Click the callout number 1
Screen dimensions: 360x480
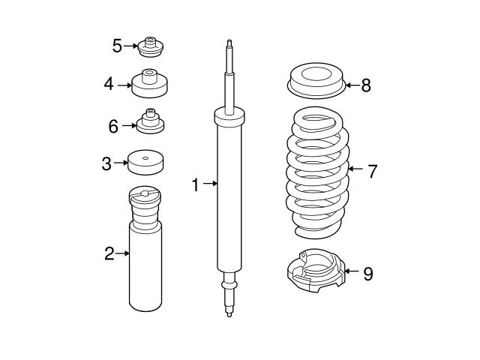[195, 184]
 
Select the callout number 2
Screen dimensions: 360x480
[109, 253]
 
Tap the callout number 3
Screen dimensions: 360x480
[108, 163]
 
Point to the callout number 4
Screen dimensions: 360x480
[109, 85]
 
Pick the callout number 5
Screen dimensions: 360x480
[117, 46]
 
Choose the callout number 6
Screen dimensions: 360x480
[113, 125]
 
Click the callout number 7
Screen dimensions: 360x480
[371, 171]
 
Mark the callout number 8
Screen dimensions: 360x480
[365, 85]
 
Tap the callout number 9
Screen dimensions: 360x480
[367, 274]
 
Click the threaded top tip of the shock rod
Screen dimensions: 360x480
[229, 45]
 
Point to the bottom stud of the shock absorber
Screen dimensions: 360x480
[229, 307]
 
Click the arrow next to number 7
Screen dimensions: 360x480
[355, 171]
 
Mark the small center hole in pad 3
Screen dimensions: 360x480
[145, 157]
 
